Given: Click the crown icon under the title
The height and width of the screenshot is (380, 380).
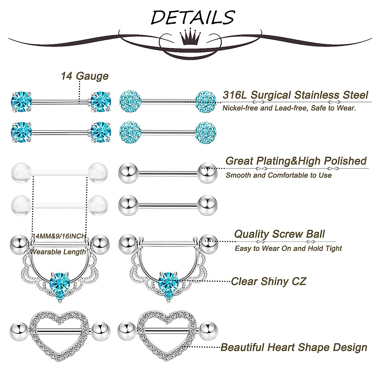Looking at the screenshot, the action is click(x=190, y=38).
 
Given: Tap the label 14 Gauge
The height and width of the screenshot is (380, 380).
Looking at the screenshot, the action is click(x=85, y=76).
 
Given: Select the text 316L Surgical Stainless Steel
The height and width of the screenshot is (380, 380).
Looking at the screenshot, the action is click(x=295, y=95).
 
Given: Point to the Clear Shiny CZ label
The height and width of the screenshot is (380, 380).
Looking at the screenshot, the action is click(x=268, y=281).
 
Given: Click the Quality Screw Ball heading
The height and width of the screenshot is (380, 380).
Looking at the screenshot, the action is click(x=279, y=234).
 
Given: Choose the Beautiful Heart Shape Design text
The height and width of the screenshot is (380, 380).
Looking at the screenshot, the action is click(x=294, y=347).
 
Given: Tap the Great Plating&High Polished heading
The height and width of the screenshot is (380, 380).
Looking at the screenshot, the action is click(x=296, y=161).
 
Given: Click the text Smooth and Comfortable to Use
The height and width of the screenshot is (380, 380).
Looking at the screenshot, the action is click(x=278, y=175).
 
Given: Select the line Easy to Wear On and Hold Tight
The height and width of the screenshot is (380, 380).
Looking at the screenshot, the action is click(x=288, y=249).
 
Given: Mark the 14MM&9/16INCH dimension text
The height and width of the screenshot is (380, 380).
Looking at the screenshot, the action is click(x=59, y=236).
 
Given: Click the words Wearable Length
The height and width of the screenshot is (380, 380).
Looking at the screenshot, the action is click(x=58, y=252).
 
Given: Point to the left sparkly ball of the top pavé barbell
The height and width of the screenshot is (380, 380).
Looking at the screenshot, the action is click(x=129, y=101).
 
